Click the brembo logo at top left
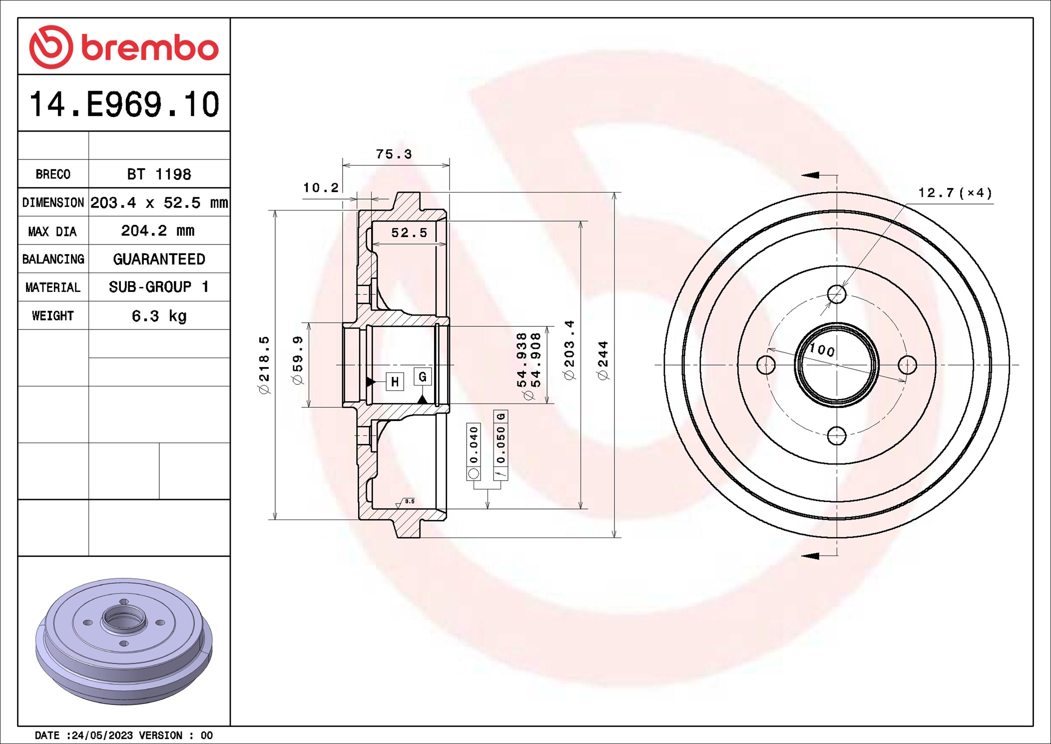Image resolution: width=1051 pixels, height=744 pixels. pos(123,47)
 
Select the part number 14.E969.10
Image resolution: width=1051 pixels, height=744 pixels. pos(124,104)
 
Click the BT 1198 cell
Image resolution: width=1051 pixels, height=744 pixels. pos(159,174)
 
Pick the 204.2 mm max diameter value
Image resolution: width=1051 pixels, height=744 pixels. pos(158,230)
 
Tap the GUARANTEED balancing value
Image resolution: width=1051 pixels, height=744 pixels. pos(159,259)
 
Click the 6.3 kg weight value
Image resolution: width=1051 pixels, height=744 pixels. pos(159,316)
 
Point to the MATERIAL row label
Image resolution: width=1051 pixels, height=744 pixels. pos(52,287)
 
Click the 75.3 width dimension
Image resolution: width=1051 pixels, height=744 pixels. pos(394,154)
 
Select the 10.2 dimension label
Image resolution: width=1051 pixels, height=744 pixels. pos(321,187)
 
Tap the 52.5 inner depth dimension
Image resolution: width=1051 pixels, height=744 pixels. pos(409,232)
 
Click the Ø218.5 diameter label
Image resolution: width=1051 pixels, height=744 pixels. pos(264,364)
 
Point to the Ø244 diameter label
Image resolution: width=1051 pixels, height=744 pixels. pos(603,360)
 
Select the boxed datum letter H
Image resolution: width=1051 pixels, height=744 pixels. pos(395,382)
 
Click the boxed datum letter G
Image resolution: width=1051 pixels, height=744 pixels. pos(423,376)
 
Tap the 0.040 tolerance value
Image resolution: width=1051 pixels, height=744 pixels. pos(474,444)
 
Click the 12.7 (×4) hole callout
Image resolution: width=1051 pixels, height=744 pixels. pos(955,193)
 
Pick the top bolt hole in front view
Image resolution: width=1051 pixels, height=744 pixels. pos(837,294)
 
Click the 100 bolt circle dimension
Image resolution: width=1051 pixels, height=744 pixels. pos(822,349)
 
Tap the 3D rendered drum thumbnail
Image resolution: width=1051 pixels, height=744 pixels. pos(124,641)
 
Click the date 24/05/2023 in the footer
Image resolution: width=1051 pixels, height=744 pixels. pos(102,735)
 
